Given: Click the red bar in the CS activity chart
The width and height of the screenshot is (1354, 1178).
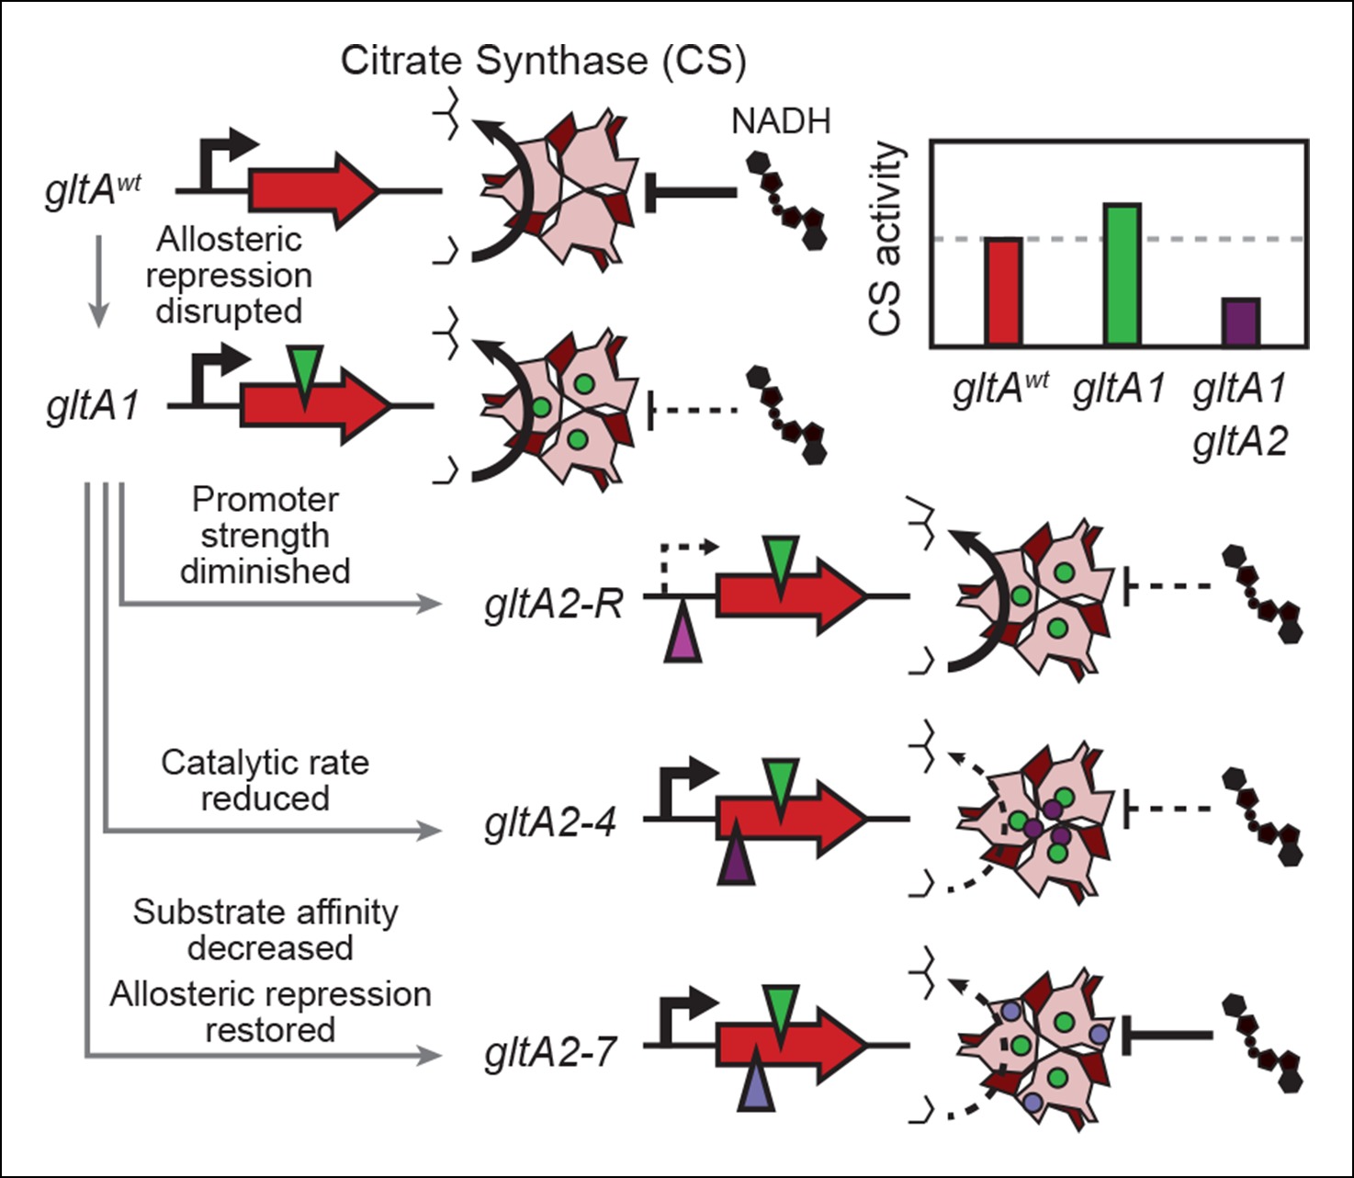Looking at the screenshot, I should (1003, 291).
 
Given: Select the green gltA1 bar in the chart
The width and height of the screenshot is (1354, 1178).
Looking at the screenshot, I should (1122, 274).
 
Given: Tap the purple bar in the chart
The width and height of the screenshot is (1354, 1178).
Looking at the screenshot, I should (1240, 322).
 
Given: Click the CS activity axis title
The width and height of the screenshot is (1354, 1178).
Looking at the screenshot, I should (886, 239).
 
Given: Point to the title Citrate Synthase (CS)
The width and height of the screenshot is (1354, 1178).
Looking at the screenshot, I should (543, 61).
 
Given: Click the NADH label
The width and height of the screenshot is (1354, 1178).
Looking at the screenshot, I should (781, 121).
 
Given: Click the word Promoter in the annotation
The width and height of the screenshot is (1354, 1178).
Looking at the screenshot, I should (265, 500).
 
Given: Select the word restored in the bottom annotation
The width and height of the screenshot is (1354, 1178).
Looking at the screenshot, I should (269, 1030).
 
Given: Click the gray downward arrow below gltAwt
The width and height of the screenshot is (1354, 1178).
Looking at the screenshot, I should (98, 280).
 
